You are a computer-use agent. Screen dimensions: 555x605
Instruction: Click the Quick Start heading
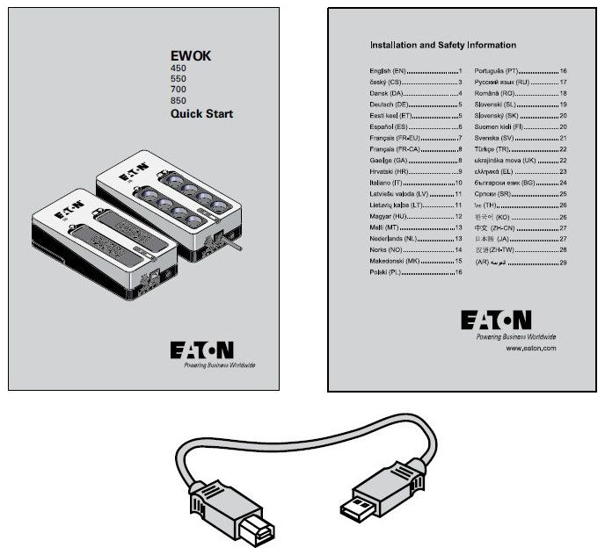201,113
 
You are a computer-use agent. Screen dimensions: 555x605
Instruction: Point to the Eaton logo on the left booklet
206,351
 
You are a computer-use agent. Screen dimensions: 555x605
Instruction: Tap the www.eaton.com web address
532,350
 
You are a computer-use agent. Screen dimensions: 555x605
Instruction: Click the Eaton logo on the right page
508,321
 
